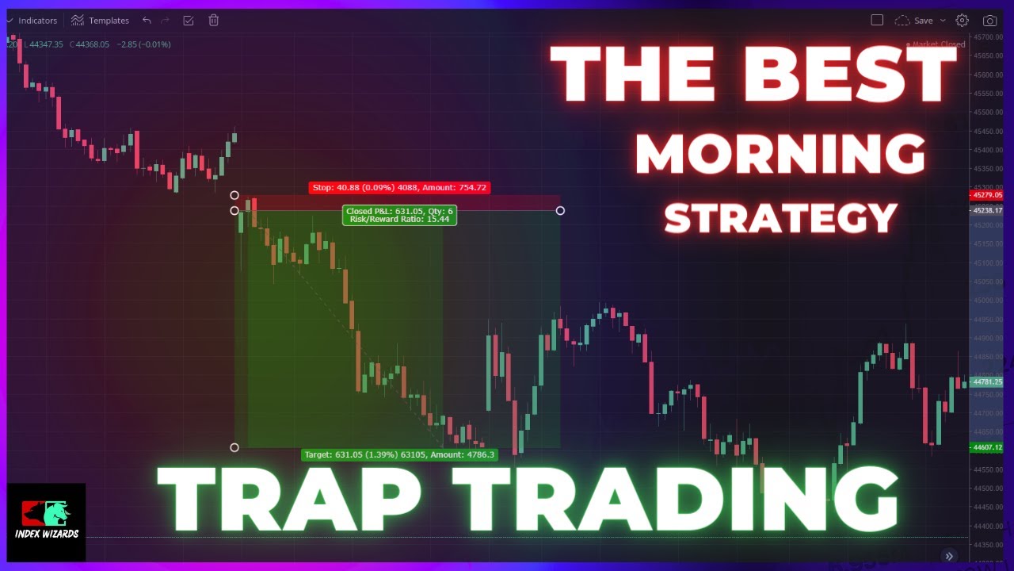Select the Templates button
[100, 21]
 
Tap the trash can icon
[213, 21]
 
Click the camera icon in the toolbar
[989, 21]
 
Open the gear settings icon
[962, 21]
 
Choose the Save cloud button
[913, 21]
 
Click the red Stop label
[399, 188]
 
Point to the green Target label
[399, 454]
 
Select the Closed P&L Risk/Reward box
[400, 215]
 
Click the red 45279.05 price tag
[987, 195]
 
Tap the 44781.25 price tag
[987, 382]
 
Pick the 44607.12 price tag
[987, 447]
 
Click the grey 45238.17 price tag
[987, 211]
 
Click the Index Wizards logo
[46, 522]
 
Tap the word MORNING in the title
[780, 155]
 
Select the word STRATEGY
[780, 218]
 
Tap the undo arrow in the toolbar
[147, 21]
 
